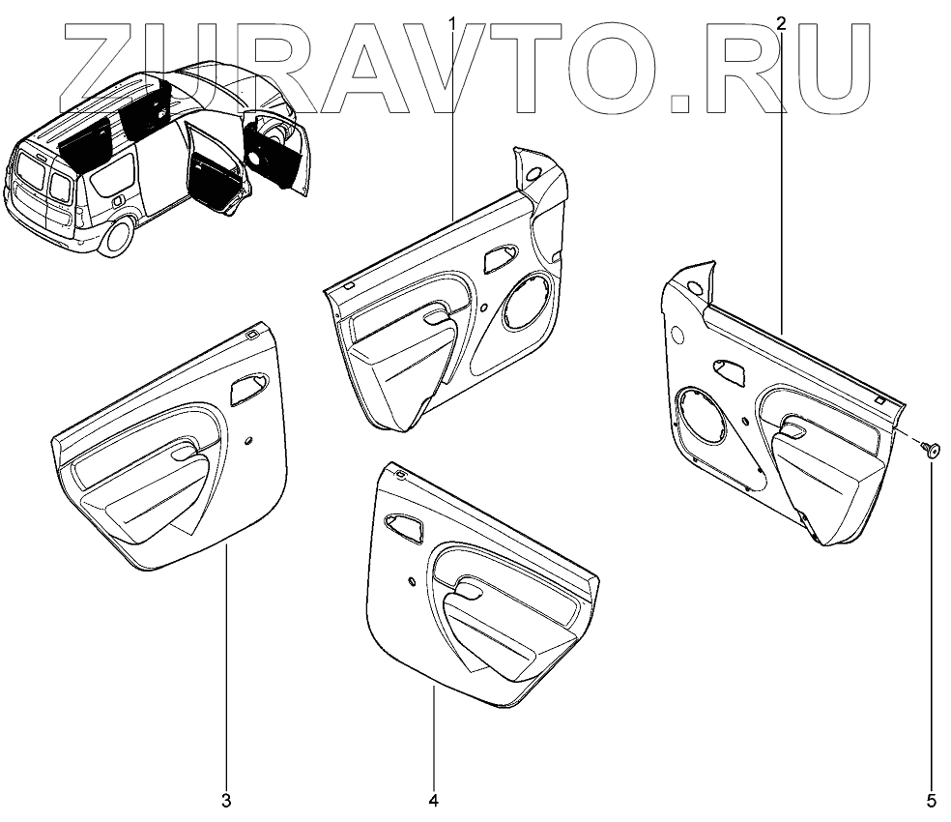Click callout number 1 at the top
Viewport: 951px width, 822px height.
[x=452, y=21]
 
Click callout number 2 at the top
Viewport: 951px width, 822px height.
[x=781, y=21]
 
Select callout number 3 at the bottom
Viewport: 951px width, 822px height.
[x=226, y=801]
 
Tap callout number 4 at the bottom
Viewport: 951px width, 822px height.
[x=434, y=801]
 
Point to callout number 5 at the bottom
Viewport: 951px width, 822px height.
[x=932, y=801]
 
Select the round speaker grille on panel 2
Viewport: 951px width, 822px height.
[x=704, y=418]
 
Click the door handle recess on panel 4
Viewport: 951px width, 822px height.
[x=403, y=525]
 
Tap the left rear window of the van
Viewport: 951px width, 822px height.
[x=29, y=179]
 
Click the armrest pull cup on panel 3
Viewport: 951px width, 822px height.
[x=185, y=452]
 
